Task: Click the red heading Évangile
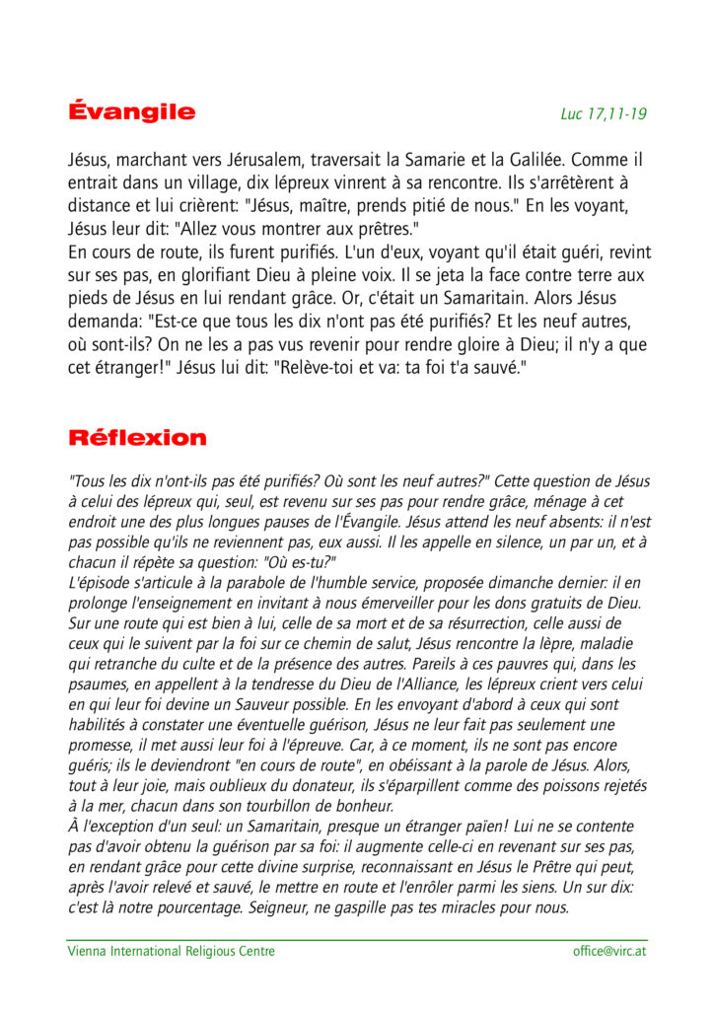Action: tap(131, 111)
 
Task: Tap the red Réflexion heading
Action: tap(137, 437)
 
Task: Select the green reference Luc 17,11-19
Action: tap(604, 114)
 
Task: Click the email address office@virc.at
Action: tap(609, 951)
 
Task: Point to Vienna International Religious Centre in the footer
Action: tap(171, 951)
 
